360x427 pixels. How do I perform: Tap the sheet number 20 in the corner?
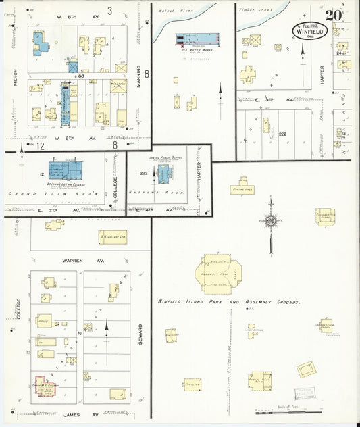334,16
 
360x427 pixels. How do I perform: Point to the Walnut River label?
175,11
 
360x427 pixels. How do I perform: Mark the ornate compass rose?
271,221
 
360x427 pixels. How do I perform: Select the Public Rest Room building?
260,379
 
